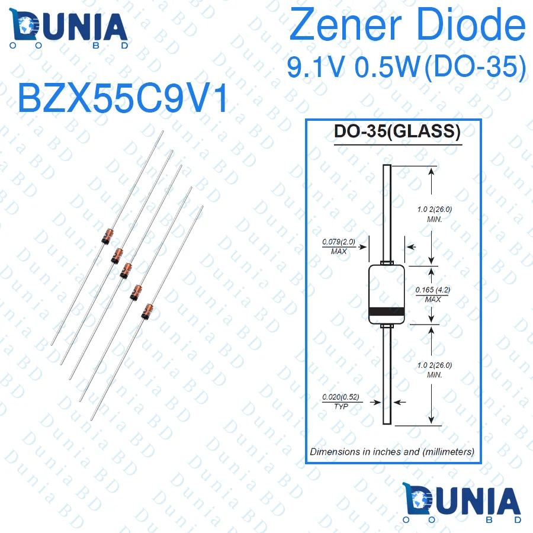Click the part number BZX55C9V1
123,98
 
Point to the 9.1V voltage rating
317,67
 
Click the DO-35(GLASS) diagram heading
397,131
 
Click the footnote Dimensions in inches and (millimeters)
392,451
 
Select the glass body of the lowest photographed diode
146,311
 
